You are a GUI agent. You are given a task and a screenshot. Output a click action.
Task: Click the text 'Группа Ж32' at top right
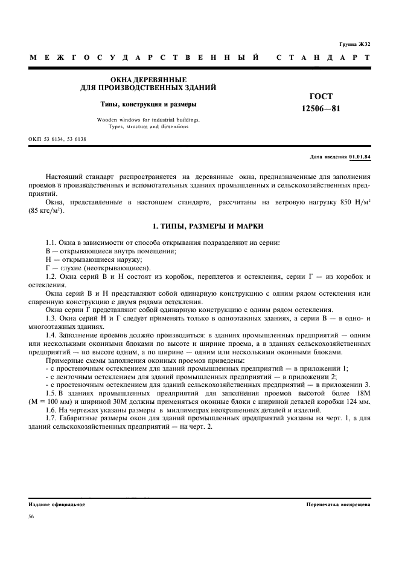(355, 45)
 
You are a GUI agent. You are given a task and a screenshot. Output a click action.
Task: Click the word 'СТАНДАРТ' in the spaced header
(323, 59)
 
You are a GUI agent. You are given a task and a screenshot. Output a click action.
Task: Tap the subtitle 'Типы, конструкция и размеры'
(148, 104)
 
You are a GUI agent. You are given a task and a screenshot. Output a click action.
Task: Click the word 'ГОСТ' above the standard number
(321, 96)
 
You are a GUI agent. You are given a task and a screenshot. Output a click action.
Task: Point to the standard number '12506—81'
(321, 108)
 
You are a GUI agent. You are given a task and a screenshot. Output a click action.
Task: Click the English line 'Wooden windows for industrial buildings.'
(148, 120)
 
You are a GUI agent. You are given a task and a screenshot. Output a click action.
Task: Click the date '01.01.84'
(360, 157)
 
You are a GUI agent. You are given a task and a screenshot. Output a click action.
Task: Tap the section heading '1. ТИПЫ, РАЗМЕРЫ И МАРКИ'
(199, 226)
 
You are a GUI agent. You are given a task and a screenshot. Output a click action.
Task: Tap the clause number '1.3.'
(52, 318)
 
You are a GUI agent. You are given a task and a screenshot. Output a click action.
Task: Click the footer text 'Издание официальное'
(57, 504)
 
